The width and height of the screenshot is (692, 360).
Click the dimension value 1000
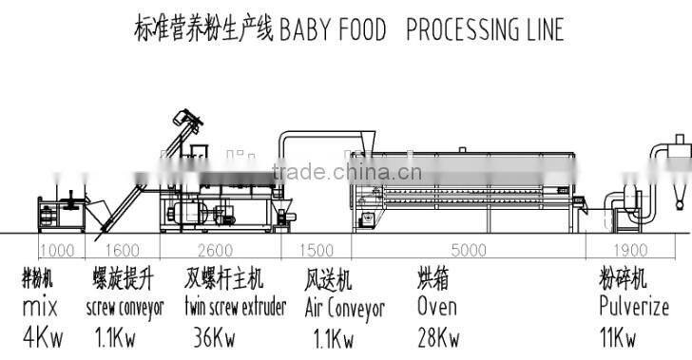pyautogui.click(x=57, y=251)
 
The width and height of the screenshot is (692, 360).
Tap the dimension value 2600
pyautogui.click(x=221, y=251)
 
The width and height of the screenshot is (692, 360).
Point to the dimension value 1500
pyautogui.click(x=316, y=251)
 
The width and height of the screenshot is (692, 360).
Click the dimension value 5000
pyautogui.click(x=468, y=251)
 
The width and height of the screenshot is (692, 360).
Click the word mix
pyautogui.click(x=40, y=308)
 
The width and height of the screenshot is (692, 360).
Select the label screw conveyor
pyautogui.click(x=125, y=308)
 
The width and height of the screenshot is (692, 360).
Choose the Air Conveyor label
pyautogui.click(x=344, y=308)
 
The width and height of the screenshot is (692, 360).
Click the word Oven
pyautogui.click(x=436, y=307)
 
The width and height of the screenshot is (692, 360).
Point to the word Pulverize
pyautogui.click(x=634, y=307)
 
